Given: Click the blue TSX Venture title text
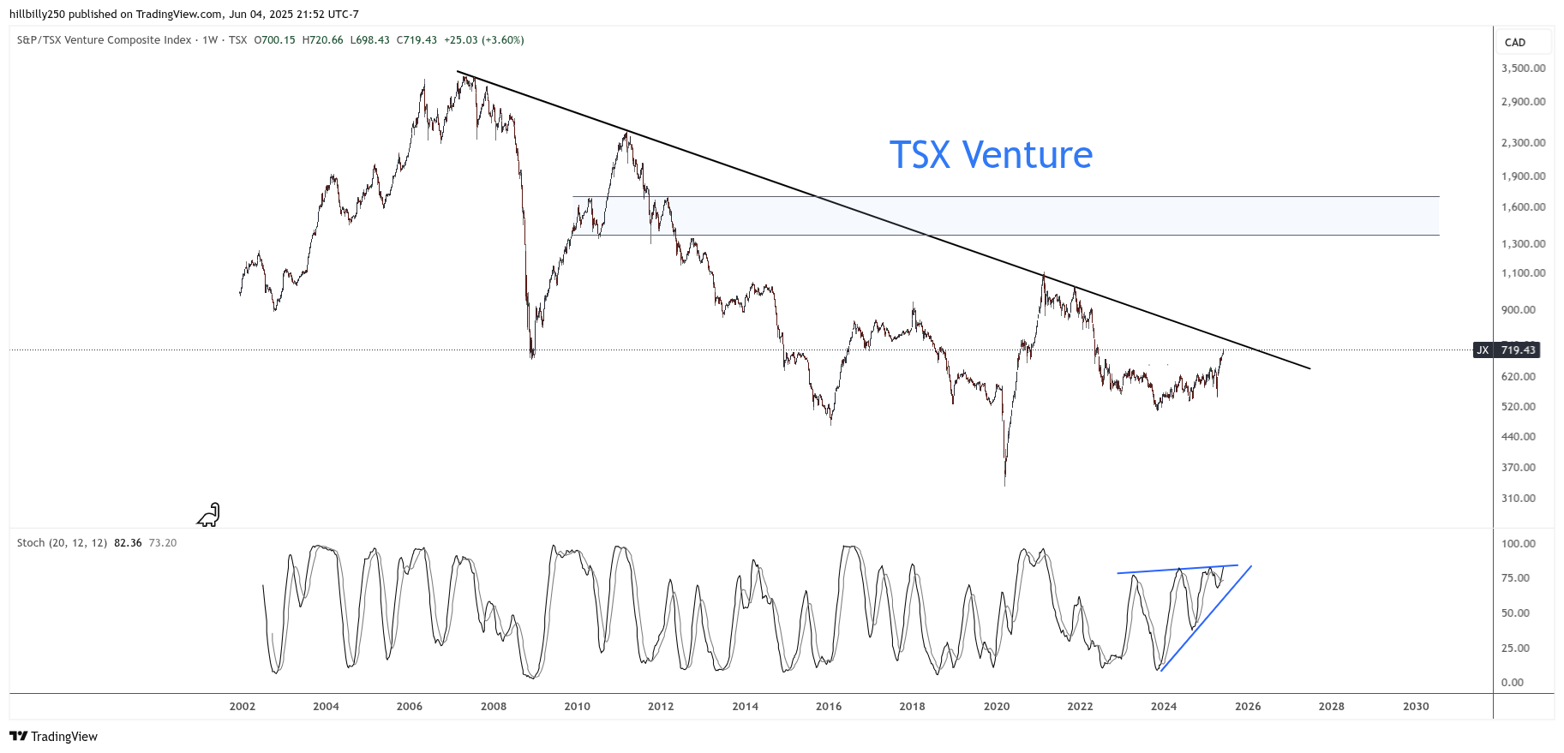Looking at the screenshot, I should tap(991, 155).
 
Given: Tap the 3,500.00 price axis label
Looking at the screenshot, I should tap(1523, 69).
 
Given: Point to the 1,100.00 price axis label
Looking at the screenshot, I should tap(1523, 273).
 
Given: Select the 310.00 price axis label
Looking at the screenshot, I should tap(1518, 499).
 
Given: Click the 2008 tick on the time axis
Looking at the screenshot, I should tap(494, 707).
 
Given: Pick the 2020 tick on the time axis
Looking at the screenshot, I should tap(997, 707).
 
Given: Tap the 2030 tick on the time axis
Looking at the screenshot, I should tap(1416, 707).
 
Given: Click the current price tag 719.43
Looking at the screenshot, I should tap(1517, 350).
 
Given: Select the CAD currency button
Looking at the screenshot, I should tap(1515, 43).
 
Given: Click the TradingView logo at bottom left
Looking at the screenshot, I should tap(53, 737).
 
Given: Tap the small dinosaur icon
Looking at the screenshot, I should tap(208, 515).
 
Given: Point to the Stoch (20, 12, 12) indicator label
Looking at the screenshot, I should tap(62, 543).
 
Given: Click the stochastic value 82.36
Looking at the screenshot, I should tap(128, 543).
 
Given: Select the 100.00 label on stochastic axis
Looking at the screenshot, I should tap(1518, 544).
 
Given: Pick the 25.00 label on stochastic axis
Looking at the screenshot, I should tap(1518, 648).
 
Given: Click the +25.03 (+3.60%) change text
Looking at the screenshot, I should tap(483, 40).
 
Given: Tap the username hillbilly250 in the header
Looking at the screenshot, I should tap(37, 15).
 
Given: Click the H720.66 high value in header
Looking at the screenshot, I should tap(322, 40).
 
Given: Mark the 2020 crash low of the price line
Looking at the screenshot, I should tap(1004, 484).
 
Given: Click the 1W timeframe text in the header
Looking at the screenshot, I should tap(210, 40).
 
